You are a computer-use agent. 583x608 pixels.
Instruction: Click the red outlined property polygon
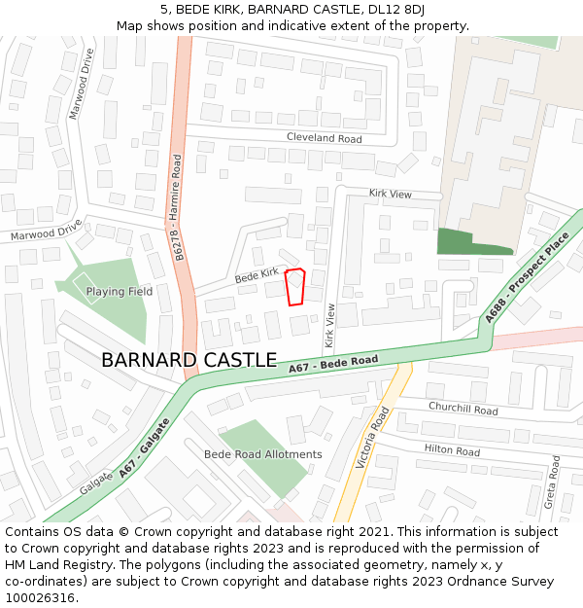[x=296, y=288]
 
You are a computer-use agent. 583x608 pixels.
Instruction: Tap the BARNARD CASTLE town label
[x=189, y=360]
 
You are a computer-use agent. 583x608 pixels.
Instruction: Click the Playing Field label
[x=119, y=291]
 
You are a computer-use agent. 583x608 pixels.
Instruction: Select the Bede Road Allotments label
[x=262, y=454]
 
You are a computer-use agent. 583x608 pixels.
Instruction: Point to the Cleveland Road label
[x=324, y=138]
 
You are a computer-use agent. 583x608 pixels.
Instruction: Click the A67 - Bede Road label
[x=333, y=365]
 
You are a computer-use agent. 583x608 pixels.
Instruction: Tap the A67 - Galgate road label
[x=145, y=447]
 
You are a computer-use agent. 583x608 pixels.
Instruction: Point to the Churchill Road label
[x=463, y=410]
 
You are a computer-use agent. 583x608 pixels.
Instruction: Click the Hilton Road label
[x=452, y=450]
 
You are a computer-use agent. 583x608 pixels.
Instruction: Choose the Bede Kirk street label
[x=257, y=275]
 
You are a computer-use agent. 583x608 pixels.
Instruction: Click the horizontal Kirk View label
[x=390, y=195]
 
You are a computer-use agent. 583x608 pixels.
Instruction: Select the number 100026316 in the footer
[x=41, y=597]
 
